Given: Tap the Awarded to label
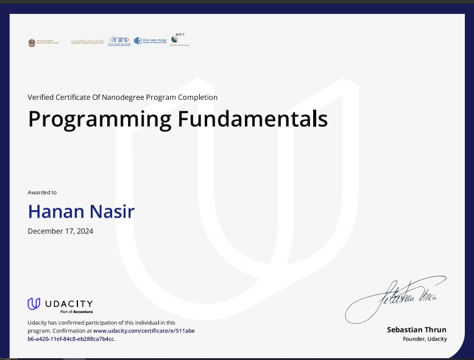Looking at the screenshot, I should (x=42, y=192).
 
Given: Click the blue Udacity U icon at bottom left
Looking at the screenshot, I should (x=34, y=303).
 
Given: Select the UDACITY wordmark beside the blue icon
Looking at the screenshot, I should (x=69, y=303).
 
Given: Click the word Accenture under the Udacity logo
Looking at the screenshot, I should (x=83, y=311).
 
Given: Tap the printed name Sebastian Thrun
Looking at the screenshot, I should (x=417, y=330).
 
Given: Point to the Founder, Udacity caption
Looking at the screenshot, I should (x=425, y=339).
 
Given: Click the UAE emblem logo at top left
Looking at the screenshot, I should (x=32, y=42).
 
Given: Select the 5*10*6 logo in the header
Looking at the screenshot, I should (x=119, y=41).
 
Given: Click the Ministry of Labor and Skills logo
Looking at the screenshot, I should (x=150, y=41).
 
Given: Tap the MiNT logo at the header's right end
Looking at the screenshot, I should (x=180, y=39).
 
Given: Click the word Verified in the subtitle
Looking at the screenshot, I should (x=40, y=97).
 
